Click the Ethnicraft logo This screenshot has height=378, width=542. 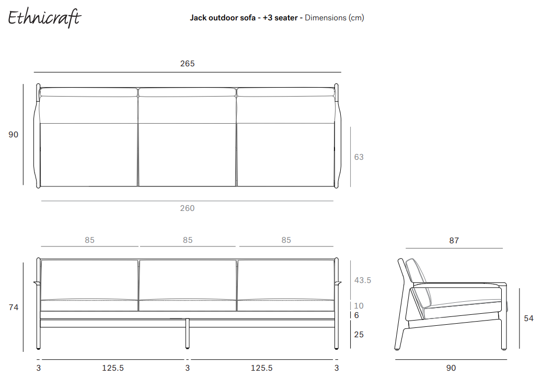pyautogui.click(x=44, y=18)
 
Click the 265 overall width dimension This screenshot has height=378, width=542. pyautogui.click(x=187, y=64)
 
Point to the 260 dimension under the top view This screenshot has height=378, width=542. pyautogui.click(x=187, y=208)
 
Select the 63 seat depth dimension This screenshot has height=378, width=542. pyautogui.click(x=359, y=157)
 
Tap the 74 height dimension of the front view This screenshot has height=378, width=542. pyautogui.click(x=14, y=307)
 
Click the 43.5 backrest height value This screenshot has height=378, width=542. pyautogui.click(x=363, y=280)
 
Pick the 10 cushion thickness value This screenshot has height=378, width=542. pyautogui.click(x=359, y=306)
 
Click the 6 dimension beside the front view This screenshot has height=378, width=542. pyautogui.click(x=357, y=315)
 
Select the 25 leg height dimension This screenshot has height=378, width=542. pyautogui.click(x=359, y=335)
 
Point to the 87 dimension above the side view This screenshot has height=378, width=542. pyautogui.click(x=454, y=241)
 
